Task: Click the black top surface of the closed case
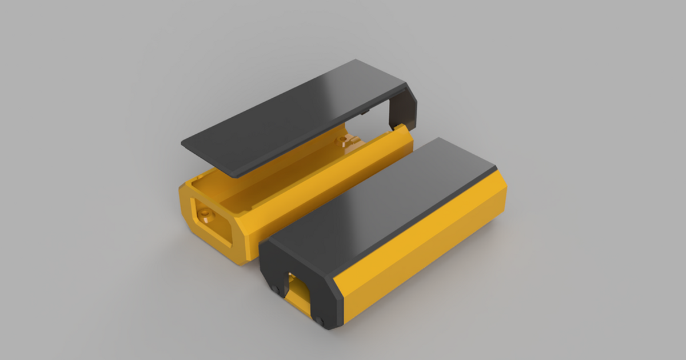pos(383,206)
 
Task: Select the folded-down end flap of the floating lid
pos(403,109)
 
